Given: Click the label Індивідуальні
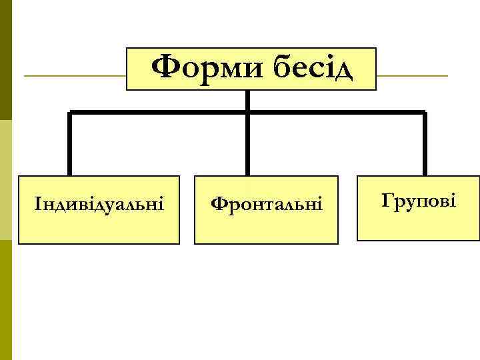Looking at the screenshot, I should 99,201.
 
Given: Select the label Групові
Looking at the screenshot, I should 419,199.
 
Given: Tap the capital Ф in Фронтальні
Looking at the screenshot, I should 218,202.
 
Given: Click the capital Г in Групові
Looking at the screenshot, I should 387,199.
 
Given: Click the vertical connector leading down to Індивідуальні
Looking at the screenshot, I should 69,143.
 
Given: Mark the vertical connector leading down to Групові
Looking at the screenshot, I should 425,143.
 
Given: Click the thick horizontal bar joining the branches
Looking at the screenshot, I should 160,111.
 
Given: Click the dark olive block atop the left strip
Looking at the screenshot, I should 6,60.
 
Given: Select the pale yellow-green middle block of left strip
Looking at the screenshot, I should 6,180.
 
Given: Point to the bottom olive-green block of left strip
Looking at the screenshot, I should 6,300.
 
